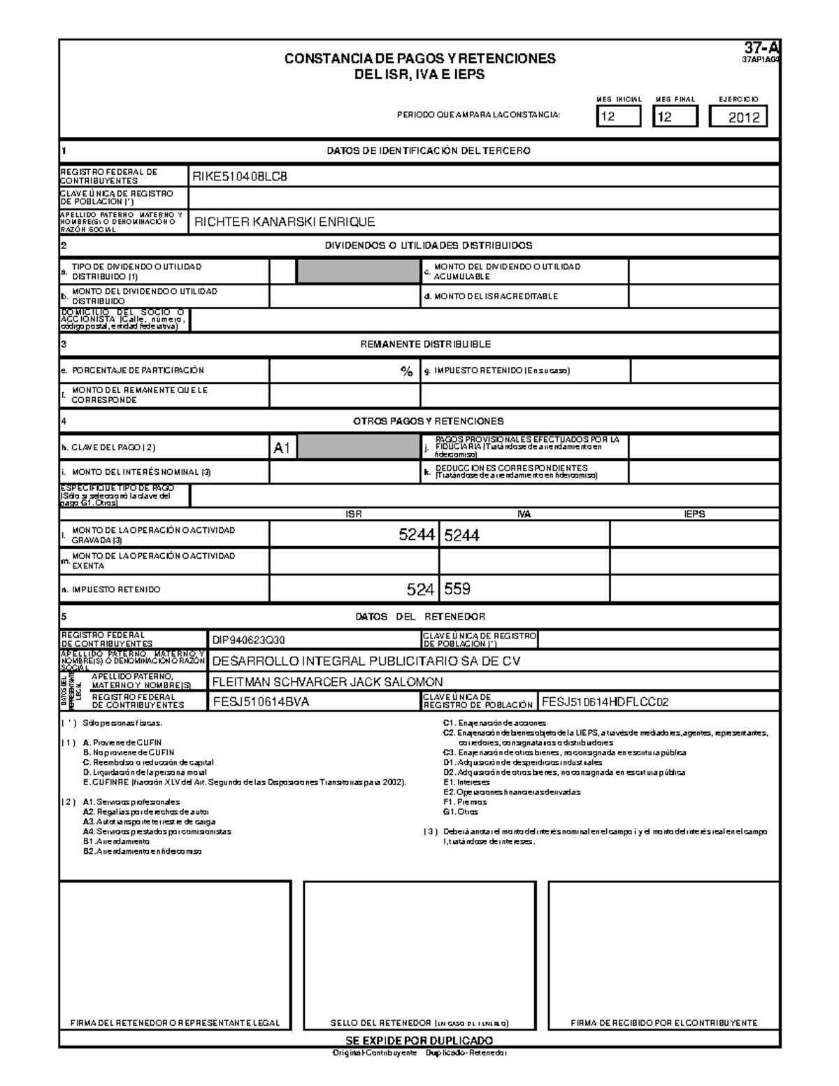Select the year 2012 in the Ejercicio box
(x=743, y=117)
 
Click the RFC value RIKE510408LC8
(x=240, y=177)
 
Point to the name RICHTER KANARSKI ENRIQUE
(x=285, y=222)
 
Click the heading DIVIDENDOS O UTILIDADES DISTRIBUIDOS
(x=429, y=245)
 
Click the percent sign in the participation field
(x=406, y=371)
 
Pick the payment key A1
(x=282, y=448)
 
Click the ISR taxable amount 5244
(x=417, y=536)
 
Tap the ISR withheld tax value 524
(x=421, y=590)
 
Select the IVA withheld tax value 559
(x=457, y=590)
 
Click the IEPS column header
(x=694, y=514)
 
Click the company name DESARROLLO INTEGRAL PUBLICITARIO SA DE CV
(x=366, y=661)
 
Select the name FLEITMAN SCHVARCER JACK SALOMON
(x=327, y=682)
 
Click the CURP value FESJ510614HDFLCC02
(x=605, y=702)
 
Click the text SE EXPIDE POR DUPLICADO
(x=419, y=1040)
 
